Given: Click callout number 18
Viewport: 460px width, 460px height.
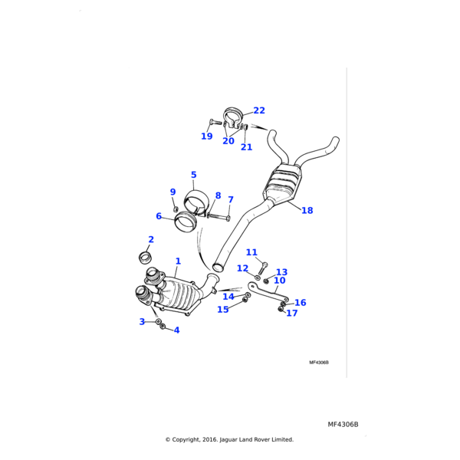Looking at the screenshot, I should (307, 211).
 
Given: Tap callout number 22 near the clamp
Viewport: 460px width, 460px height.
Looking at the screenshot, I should (259, 111).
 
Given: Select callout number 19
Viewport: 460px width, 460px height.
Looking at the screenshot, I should (207, 136).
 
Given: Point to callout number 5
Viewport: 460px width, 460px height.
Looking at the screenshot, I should (194, 176).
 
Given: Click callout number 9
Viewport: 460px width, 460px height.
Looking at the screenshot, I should (172, 192).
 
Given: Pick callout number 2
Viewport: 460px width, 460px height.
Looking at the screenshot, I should (151, 240).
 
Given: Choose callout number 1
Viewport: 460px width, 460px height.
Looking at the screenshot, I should (178, 261).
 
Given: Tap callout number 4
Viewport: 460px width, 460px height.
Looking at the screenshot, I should (176, 330).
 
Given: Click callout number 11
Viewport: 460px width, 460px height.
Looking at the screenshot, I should (251, 252).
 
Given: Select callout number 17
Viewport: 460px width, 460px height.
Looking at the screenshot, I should (291, 314).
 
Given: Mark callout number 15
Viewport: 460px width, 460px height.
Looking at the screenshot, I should (222, 310).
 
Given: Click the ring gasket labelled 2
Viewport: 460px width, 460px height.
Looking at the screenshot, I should (145, 255).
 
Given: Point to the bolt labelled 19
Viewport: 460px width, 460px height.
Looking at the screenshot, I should (215, 122).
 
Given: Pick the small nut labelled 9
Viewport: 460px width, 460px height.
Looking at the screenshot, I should (176, 208).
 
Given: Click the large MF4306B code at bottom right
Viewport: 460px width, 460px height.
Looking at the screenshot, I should (343, 425).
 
